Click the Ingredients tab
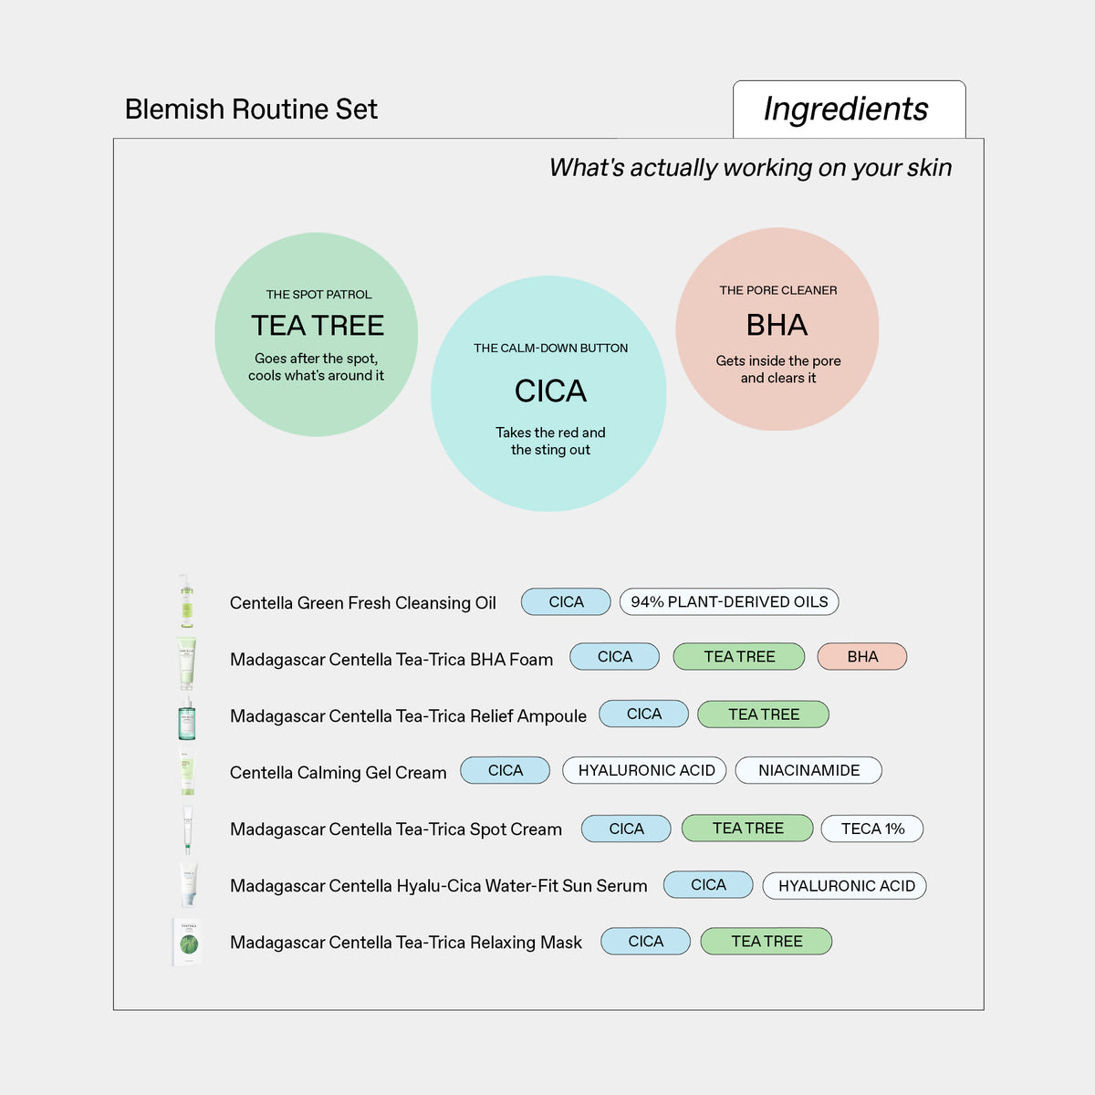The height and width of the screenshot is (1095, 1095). [x=849, y=109]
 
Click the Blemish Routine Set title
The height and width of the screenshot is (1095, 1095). [x=251, y=109]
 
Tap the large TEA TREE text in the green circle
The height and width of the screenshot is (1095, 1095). [x=318, y=326]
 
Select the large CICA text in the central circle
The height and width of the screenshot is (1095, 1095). [x=550, y=391]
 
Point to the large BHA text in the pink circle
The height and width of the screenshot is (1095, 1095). [x=777, y=325]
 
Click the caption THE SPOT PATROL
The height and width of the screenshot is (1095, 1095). [x=318, y=295]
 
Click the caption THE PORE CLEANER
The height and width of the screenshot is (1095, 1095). [x=778, y=290]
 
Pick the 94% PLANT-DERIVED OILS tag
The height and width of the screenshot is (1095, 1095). [x=729, y=601]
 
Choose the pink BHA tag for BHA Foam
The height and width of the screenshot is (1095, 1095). [x=862, y=656]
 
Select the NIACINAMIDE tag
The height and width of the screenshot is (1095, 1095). [x=808, y=770]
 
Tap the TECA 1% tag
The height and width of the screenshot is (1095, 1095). [x=872, y=829]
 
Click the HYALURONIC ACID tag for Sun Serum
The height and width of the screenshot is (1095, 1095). [x=845, y=886]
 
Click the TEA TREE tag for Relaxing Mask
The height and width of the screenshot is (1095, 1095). [x=766, y=941]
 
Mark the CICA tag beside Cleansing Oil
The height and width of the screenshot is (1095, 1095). [x=566, y=601]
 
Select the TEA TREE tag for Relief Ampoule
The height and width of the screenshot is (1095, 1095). [x=763, y=714]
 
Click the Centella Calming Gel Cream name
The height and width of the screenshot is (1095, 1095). [x=339, y=773]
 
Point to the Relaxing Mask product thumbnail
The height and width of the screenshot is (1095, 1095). [x=188, y=942]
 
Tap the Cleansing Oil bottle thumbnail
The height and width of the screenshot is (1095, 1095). [x=186, y=600]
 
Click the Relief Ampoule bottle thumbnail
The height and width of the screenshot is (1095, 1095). [x=187, y=717]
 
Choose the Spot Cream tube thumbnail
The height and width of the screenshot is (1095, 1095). [x=188, y=829]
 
